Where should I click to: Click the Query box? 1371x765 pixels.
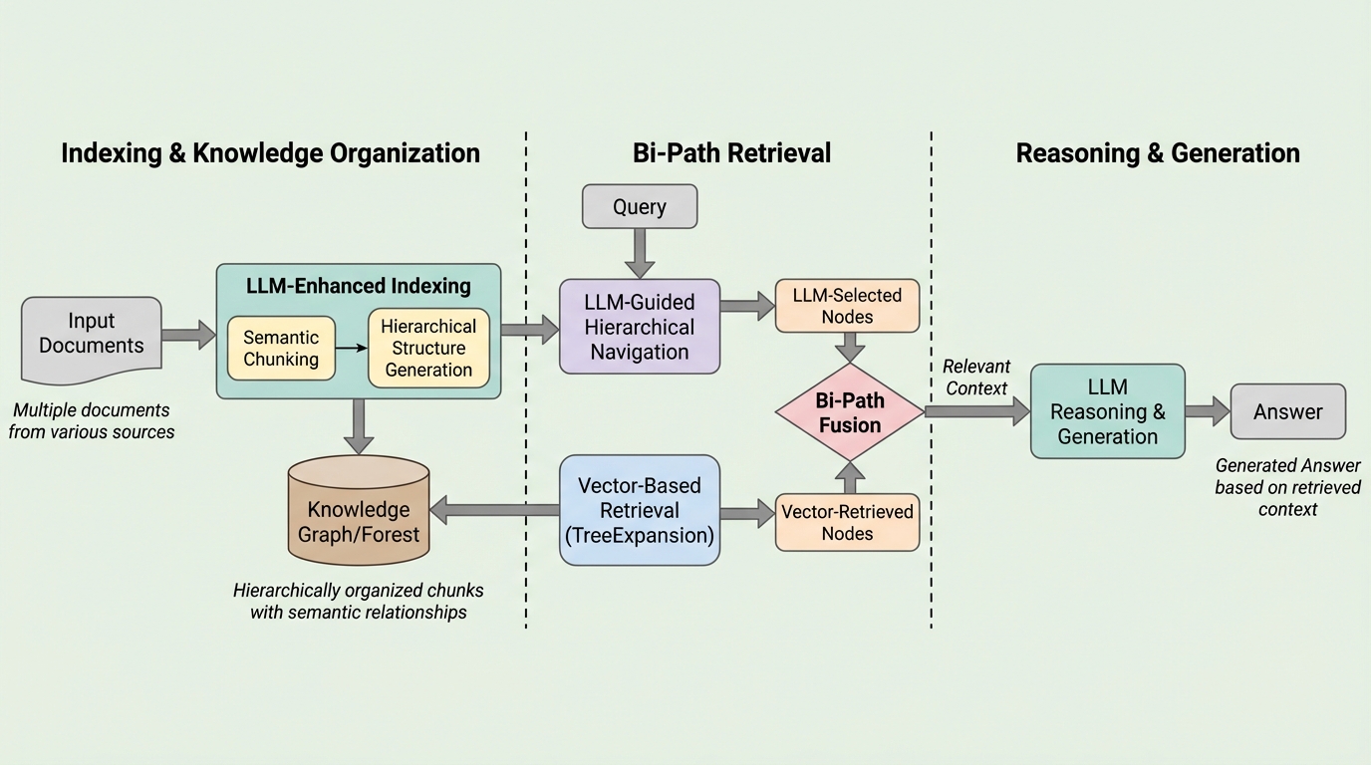[639, 206]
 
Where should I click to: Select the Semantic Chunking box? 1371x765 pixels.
[281, 349]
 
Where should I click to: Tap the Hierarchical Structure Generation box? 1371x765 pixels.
[428, 348]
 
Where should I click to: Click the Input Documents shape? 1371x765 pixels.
[92, 337]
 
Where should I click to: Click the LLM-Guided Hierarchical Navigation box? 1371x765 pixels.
[639, 326]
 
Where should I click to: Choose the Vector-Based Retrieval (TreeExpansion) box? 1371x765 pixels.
[639, 510]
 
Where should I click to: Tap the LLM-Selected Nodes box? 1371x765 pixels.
[847, 306]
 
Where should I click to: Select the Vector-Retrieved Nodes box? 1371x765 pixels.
[847, 522]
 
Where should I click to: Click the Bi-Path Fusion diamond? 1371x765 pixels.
[849, 412]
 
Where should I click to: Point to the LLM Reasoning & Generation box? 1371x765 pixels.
[1107, 411]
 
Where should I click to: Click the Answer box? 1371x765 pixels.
[1287, 411]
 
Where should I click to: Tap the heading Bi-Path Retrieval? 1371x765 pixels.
[731, 152]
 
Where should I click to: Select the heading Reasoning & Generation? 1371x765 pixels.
[1157, 152]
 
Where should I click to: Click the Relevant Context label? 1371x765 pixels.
[976, 378]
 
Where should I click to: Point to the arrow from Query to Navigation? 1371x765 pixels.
[639, 253]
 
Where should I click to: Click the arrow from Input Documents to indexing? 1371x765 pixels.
[188, 335]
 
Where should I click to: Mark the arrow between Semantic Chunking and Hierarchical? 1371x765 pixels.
[352, 349]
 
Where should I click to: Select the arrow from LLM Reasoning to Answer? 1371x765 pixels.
[1208, 411]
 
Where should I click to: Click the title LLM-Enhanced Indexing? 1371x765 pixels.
[358, 286]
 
